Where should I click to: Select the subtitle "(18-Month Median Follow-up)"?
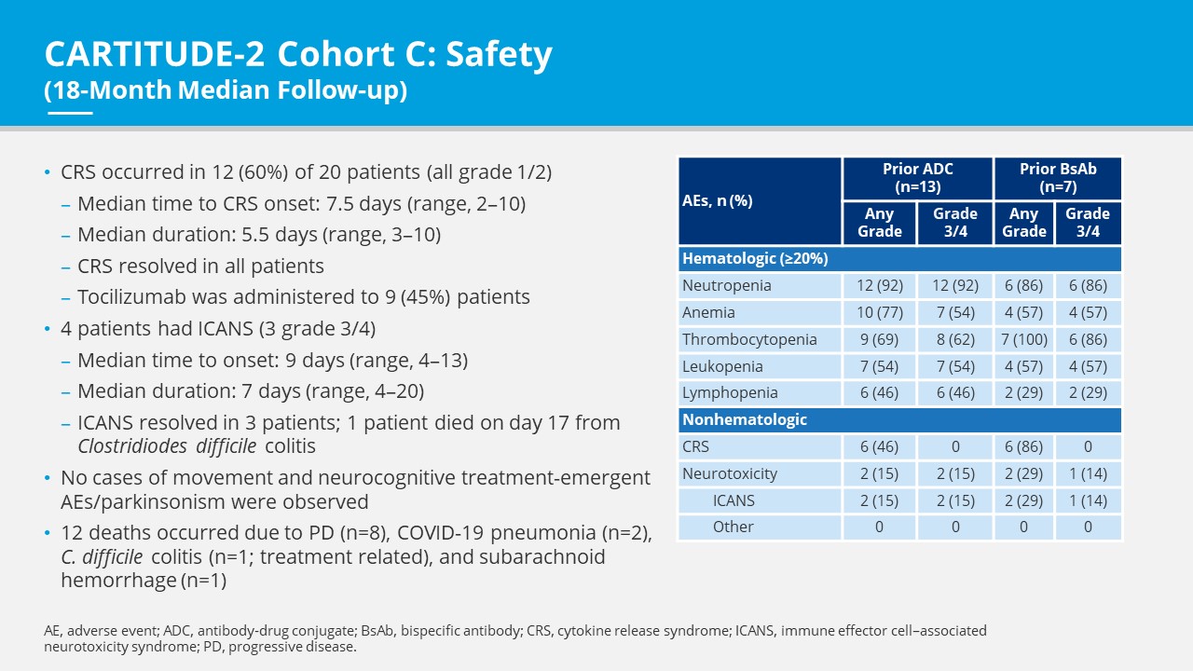[226, 91]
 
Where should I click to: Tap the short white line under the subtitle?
[69, 113]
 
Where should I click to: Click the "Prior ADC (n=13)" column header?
[917, 177]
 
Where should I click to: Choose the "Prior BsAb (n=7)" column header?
[1057, 177]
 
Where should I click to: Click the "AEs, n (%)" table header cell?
[760, 200]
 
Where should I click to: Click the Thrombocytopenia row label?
[749, 339]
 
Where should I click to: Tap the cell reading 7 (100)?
[1023, 339]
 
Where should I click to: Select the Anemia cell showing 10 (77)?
[879, 312]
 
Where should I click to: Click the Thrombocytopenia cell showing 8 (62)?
[954, 339]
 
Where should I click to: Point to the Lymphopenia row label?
[730, 393]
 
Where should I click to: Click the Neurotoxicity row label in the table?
[730, 473]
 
